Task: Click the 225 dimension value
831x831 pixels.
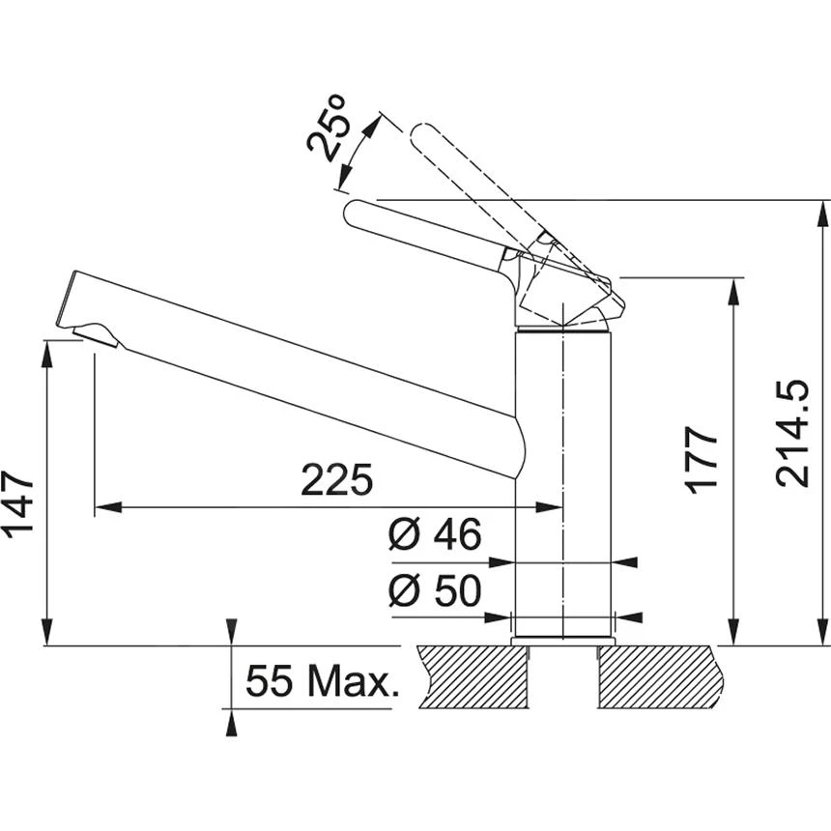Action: click(336, 479)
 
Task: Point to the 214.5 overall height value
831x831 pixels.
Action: click(792, 432)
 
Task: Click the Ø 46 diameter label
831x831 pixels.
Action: click(435, 534)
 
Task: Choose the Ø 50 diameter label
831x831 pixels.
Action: click(435, 591)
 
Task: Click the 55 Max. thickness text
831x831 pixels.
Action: click(322, 682)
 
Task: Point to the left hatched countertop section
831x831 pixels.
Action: click(473, 676)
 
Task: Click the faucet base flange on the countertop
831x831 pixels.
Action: click(563, 640)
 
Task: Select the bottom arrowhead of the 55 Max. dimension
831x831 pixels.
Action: click(230, 719)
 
